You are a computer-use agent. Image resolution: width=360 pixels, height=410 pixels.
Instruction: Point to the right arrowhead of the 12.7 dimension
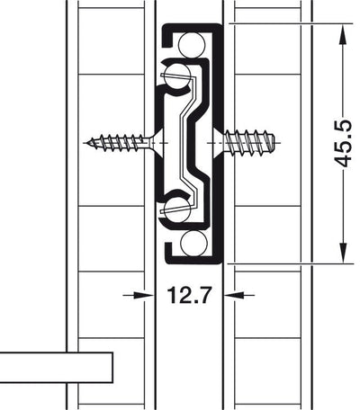(x=231, y=293)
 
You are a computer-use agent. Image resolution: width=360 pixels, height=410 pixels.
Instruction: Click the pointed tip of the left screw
(x=90, y=141)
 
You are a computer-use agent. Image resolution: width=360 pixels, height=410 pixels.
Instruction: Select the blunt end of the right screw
(x=277, y=141)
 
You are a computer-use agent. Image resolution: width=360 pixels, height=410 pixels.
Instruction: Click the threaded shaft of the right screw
(x=247, y=141)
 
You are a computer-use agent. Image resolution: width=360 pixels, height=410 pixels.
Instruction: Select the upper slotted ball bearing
(x=177, y=74)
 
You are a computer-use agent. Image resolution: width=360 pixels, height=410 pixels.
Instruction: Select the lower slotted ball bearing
(x=176, y=210)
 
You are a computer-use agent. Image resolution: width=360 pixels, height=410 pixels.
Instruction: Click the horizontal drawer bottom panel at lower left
(x=54, y=368)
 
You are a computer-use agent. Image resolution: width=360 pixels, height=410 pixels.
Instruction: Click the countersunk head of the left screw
(x=154, y=141)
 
